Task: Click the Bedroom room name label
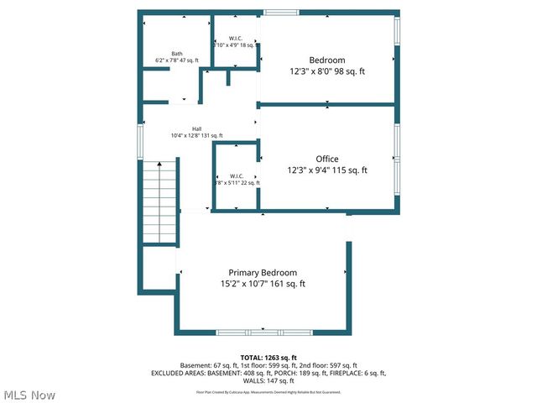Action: pos(326,60)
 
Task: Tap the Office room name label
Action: pos(327,159)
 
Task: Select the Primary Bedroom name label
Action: pos(263,273)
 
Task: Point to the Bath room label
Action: pos(177,53)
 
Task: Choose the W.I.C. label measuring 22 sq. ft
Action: pos(231,175)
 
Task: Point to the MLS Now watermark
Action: pos(29,395)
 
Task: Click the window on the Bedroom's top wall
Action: pos(281,13)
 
